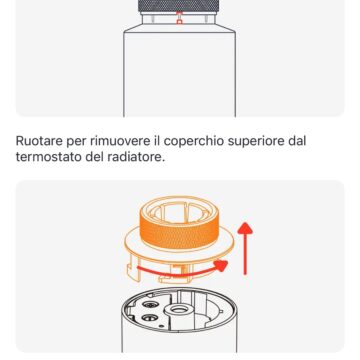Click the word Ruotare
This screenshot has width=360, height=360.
[x=45, y=143]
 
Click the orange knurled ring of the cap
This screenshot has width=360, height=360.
[x=180, y=232]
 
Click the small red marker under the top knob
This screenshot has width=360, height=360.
[x=180, y=19]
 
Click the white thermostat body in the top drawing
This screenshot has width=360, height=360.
[x=180, y=70]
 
